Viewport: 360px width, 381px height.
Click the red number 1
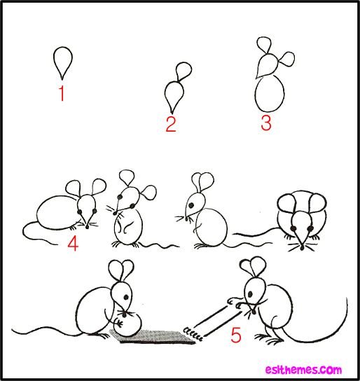(x=62, y=93)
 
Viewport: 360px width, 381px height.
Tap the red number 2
(x=171, y=124)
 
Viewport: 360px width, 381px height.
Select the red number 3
(x=266, y=123)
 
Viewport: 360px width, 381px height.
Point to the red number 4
(x=73, y=244)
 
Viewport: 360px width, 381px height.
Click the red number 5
(x=236, y=335)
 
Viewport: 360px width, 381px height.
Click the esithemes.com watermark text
(x=303, y=370)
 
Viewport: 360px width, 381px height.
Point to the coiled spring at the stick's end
(x=193, y=334)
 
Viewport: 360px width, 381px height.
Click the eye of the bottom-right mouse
(x=250, y=295)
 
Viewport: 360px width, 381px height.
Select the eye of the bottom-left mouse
(x=126, y=297)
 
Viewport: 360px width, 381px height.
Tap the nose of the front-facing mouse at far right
(x=302, y=248)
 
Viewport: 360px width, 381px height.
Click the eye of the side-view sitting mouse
(x=191, y=205)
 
